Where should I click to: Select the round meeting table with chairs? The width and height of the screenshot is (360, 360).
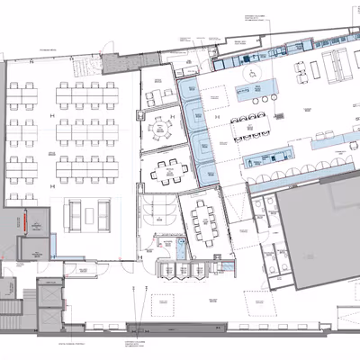(163, 126)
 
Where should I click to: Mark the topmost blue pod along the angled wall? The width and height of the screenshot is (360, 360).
(190, 90)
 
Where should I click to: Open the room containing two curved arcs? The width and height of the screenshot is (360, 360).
(156, 210)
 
